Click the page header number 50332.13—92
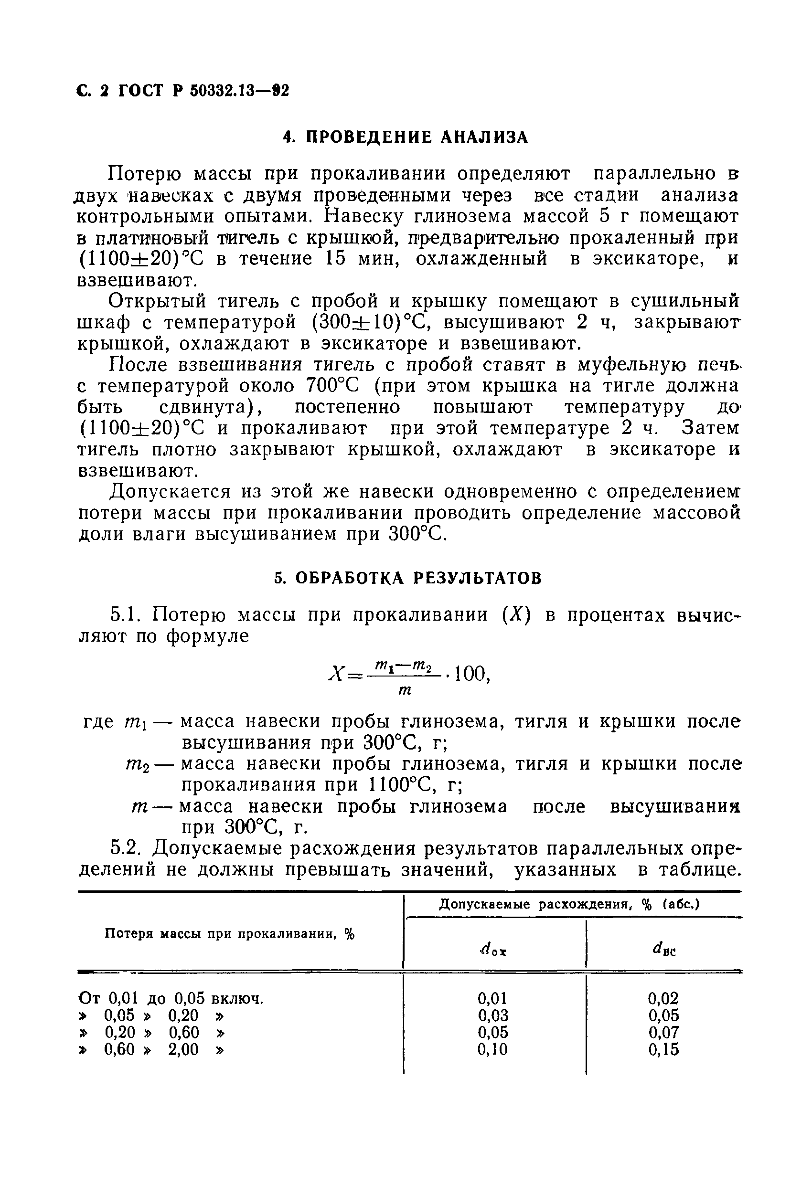239,91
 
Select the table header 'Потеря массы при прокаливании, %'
229,934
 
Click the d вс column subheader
663,949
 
